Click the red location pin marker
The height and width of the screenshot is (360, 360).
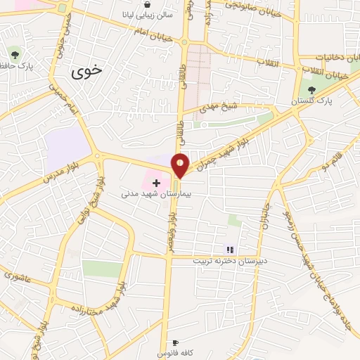(x=181, y=164)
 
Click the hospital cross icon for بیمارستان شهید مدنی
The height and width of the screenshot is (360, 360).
(x=156, y=183)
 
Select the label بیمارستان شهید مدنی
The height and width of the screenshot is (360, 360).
(x=156, y=193)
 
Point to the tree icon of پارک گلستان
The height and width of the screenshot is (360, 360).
(x=311, y=90)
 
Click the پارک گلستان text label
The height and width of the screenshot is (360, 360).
(x=314, y=101)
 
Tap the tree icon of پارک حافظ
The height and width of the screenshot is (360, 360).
(x=14, y=53)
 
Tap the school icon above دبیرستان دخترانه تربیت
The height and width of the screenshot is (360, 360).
(x=229, y=250)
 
